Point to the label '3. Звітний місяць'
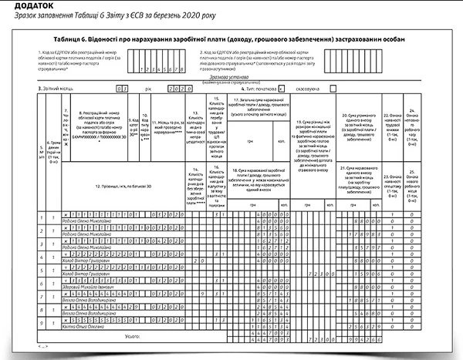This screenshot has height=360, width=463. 59,89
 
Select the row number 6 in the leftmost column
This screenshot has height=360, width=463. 42,282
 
